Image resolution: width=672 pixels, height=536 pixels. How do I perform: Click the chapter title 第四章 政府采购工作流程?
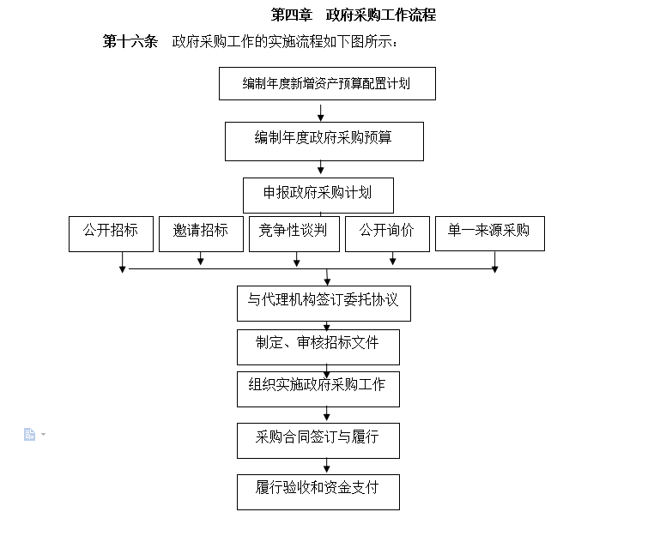click(x=354, y=15)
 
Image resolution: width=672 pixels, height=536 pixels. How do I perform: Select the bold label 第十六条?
click(x=130, y=41)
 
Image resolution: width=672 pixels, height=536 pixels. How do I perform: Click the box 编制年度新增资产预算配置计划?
click(x=327, y=83)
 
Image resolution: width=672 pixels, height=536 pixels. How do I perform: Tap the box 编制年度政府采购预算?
click(x=324, y=142)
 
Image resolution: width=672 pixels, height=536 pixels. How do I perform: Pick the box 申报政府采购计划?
click(x=318, y=196)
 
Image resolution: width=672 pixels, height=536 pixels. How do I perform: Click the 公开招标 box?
click(x=111, y=234)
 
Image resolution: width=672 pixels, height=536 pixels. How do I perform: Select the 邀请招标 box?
click(x=201, y=234)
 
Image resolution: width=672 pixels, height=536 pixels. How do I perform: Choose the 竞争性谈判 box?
click(x=294, y=234)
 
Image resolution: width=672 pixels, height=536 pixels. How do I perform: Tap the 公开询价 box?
click(x=387, y=234)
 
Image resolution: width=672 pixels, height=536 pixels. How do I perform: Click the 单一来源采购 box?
click(x=490, y=233)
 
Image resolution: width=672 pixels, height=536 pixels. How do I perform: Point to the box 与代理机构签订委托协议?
click(x=324, y=304)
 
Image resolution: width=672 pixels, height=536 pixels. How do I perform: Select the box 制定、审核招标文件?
click(x=318, y=347)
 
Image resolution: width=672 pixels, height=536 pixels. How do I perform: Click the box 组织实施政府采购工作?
click(x=318, y=389)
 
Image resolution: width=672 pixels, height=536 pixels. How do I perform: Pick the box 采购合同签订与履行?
click(x=318, y=441)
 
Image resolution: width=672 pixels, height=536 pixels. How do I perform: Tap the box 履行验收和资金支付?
click(x=318, y=492)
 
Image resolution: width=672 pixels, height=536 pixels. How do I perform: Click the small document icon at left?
click(x=29, y=434)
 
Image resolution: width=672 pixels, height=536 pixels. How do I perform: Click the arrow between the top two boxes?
click(x=321, y=111)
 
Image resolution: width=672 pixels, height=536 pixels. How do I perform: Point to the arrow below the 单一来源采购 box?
click(x=494, y=262)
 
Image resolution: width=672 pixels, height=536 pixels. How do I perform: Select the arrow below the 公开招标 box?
click(x=123, y=262)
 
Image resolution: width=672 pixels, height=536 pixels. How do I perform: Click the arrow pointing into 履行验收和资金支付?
click(x=327, y=466)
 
